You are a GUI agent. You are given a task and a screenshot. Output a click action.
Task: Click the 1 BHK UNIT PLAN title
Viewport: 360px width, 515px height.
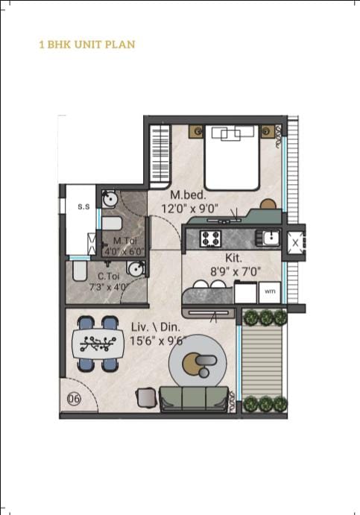point(87,44)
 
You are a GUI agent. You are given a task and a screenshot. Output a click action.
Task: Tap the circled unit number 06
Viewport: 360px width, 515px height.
point(74,399)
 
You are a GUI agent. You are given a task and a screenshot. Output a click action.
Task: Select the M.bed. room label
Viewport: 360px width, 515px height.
point(189,195)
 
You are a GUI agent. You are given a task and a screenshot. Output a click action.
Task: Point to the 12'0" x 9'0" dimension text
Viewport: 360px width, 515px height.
point(190,209)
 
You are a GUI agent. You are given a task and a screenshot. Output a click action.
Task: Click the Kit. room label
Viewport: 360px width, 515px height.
point(233,258)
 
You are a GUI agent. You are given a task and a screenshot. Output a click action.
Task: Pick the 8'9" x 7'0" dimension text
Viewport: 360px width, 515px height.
point(236,271)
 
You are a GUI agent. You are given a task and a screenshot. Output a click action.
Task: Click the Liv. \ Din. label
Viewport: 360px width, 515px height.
point(156,327)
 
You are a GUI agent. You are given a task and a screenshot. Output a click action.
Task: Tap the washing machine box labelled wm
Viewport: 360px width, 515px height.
point(270,292)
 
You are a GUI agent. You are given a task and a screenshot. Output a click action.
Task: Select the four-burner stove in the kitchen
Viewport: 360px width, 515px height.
point(210,238)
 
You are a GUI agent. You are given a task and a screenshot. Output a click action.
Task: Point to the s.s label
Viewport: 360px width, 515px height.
point(83,206)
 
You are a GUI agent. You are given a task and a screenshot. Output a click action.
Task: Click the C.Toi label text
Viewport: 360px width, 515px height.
point(109,277)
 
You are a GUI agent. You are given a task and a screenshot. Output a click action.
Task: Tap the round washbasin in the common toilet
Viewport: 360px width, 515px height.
point(136,268)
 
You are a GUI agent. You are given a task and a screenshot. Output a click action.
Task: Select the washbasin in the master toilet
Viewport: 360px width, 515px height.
point(110,199)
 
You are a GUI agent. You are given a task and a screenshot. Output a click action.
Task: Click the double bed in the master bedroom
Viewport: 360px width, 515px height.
point(232,157)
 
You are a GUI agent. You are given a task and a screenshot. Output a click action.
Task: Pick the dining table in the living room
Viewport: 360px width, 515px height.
point(98,344)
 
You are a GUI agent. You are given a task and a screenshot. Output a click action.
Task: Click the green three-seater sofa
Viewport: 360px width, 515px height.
point(194,399)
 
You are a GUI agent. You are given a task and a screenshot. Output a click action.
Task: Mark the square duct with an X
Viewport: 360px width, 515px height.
point(295,243)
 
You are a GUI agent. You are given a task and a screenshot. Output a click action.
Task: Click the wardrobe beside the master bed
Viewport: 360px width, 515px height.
point(160,154)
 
